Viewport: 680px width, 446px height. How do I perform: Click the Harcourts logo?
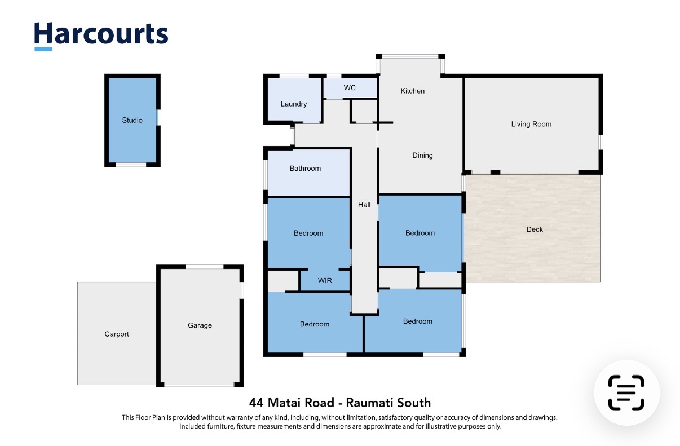(x=101, y=36)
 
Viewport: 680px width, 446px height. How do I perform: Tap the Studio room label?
(x=132, y=120)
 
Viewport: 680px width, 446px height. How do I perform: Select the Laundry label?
(x=294, y=104)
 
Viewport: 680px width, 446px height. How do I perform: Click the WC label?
(x=350, y=88)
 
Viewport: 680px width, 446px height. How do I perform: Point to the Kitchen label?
(x=412, y=91)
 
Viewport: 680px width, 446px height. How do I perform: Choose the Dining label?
(x=422, y=156)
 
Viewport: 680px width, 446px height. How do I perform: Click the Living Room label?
(x=531, y=124)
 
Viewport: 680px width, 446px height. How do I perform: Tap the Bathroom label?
(x=305, y=169)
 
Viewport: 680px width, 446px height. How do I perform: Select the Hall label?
(x=364, y=205)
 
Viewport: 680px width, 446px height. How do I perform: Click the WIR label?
(x=325, y=281)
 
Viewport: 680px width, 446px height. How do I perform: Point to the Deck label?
(x=535, y=229)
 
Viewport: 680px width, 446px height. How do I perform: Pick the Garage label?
(x=200, y=325)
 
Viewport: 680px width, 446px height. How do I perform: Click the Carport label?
(x=117, y=334)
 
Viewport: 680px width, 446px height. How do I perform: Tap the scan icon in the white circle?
(x=626, y=393)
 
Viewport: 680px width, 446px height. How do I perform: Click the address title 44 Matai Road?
(x=292, y=403)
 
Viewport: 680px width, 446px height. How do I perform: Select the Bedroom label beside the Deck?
(x=420, y=233)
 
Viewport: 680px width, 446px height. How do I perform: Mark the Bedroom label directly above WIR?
(x=308, y=233)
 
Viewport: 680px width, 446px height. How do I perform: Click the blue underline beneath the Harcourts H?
(x=43, y=49)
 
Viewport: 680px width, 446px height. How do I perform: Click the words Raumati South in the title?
(x=388, y=403)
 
